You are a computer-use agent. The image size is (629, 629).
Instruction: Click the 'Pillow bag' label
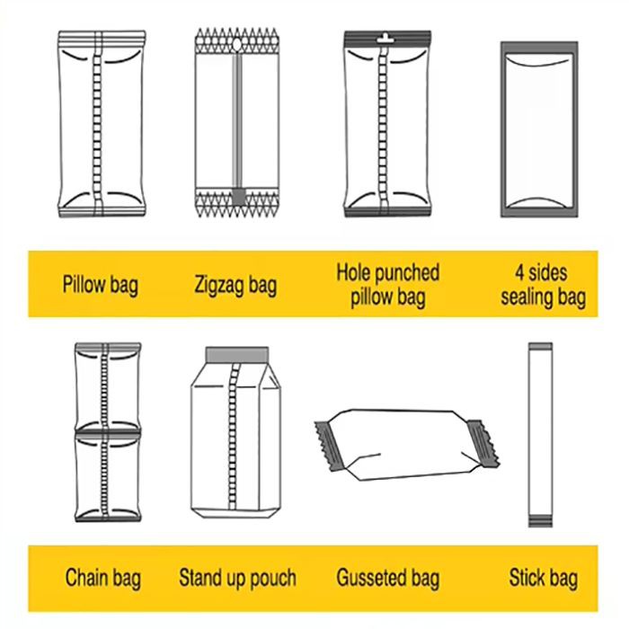101,285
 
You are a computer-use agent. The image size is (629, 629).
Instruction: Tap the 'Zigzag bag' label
235,285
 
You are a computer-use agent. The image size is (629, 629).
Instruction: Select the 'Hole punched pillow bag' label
388,285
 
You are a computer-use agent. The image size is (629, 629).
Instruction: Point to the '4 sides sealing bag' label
543,285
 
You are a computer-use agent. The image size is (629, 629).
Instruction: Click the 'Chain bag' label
103,578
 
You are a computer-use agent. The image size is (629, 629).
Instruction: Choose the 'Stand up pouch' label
237,578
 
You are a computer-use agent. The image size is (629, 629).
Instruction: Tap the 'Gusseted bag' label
388,578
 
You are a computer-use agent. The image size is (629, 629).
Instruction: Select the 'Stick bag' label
544,578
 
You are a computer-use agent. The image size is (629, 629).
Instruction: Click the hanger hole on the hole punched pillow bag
385,39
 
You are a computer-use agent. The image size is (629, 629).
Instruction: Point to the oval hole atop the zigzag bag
237,45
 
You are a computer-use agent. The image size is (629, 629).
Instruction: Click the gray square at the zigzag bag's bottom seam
239,197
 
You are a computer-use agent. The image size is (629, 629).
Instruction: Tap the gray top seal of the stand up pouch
237,355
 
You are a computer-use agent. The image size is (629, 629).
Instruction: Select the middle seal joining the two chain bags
108,433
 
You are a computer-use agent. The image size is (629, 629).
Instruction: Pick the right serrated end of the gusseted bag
483,443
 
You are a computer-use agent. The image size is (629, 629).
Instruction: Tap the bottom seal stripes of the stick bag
540,520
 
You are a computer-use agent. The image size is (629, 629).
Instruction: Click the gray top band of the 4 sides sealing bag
539,48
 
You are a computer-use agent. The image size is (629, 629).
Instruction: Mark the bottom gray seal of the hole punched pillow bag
387,212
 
